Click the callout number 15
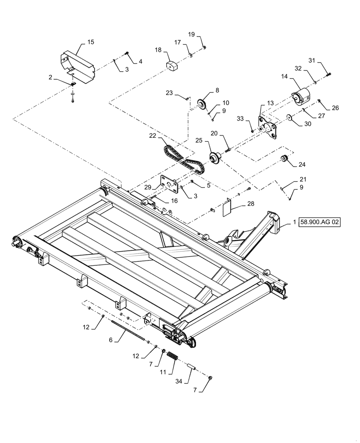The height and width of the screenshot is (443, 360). [x=90, y=43]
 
